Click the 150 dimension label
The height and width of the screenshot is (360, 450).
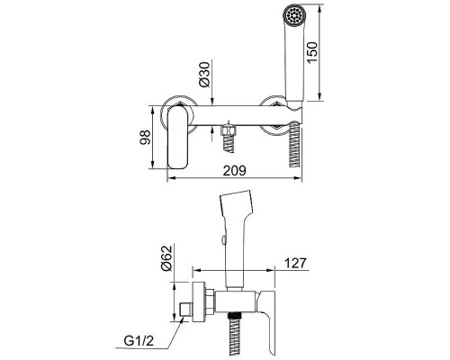[x=312, y=52]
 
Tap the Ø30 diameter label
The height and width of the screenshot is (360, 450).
[x=205, y=75]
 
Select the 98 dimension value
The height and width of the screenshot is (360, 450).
[x=145, y=137]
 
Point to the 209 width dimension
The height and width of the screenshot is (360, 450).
[x=234, y=170]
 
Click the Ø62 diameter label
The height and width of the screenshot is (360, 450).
[x=166, y=258]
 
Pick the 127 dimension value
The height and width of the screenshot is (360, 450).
[x=295, y=263]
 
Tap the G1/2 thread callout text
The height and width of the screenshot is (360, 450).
[x=139, y=341]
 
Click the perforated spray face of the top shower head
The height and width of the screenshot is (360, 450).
[x=294, y=14]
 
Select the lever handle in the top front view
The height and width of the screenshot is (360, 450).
[x=178, y=138]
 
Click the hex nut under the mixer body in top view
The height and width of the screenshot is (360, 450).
[x=229, y=130]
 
